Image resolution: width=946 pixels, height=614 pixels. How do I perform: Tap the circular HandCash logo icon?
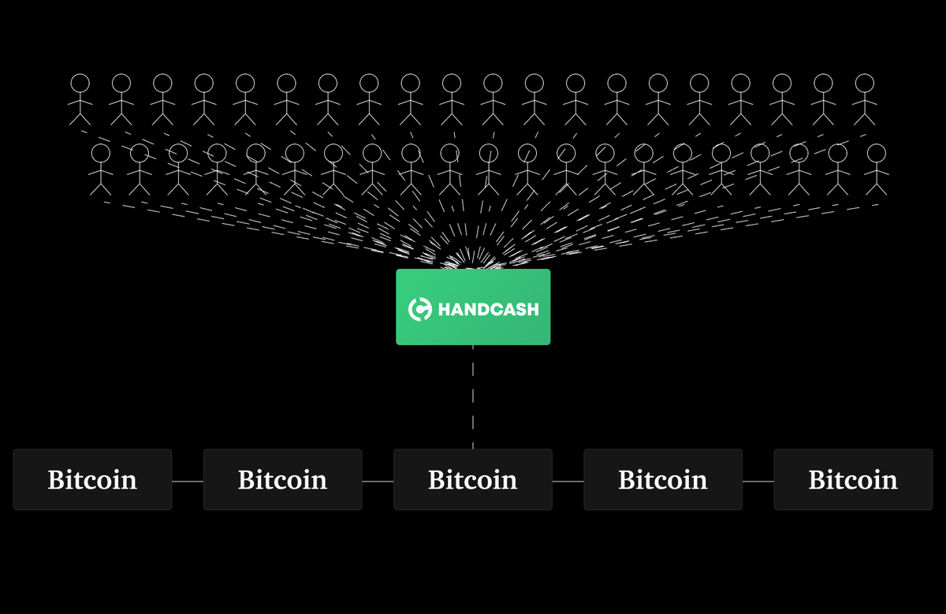pyautogui.click(x=419, y=309)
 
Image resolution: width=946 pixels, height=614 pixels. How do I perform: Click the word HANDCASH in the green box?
pyautogui.click(x=488, y=309)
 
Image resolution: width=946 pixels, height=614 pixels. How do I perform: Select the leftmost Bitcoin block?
pyautogui.click(x=92, y=479)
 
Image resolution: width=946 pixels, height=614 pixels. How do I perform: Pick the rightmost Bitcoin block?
pyautogui.click(x=853, y=479)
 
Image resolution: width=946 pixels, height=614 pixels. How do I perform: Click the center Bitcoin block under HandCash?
pyautogui.click(x=473, y=479)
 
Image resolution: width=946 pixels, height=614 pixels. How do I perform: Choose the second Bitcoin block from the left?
pyautogui.click(x=282, y=479)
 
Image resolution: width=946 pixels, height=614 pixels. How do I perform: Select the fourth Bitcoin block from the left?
pyautogui.click(x=663, y=479)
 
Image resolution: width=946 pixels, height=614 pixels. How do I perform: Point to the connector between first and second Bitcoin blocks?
pyautogui.click(x=188, y=481)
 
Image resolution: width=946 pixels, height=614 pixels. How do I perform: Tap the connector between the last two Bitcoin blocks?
pyautogui.click(x=758, y=481)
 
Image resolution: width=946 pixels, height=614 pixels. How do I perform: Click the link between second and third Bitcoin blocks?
pyautogui.click(x=378, y=481)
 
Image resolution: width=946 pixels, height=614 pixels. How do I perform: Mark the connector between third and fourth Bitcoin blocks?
pyautogui.click(x=568, y=481)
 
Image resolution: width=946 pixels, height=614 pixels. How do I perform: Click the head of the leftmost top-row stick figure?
pyautogui.click(x=80, y=82)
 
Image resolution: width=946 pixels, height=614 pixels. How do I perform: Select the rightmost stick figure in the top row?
pyautogui.click(x=864, y=99)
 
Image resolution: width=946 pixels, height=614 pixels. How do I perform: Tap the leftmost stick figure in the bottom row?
pyautogui.click(x=101, y=169)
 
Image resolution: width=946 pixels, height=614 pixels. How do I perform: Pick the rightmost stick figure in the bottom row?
pyautogui.click(x=876, y=169)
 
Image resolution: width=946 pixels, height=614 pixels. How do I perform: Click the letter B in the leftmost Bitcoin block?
pyautogui.click(x=55, y=479)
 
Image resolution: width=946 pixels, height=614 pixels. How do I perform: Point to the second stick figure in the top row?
pyautogui.click(x=121, y=99)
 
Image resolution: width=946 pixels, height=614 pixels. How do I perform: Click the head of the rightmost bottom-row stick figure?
pyautogui.click(x=876, y=151)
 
